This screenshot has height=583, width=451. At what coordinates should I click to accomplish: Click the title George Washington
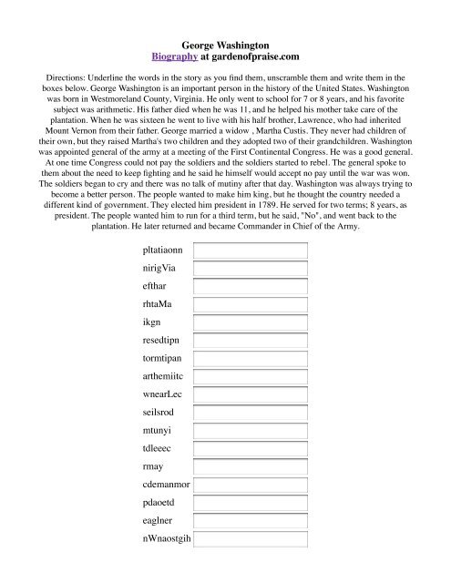pos(225,43)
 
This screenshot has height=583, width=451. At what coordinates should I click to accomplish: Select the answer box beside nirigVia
pos(251,270)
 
